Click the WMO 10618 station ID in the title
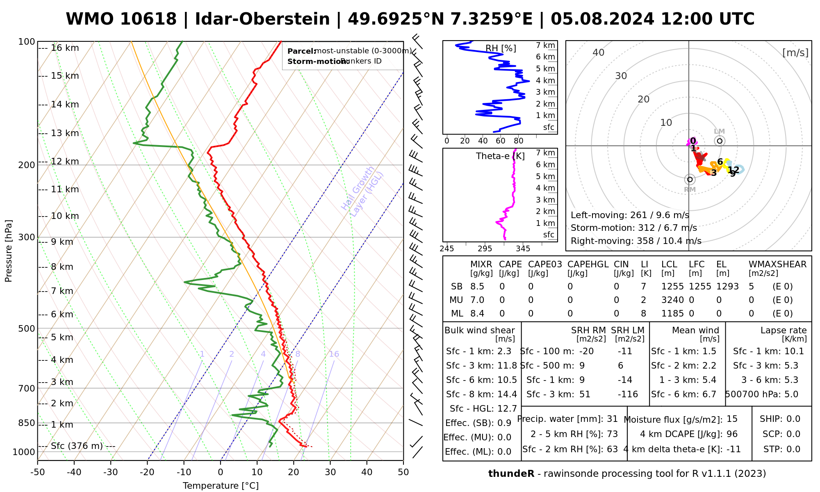(121, 19)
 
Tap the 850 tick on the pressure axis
(27, 423)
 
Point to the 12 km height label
(65, 162)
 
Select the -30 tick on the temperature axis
(111, 472)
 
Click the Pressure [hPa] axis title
(9, 251)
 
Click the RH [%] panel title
(501, 48)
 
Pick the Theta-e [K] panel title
(500, 156)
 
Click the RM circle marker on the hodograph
(690, 179)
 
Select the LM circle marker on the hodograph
(720, 141)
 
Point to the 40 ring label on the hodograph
(599, 52)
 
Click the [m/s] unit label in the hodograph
(795, 53)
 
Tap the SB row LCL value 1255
(672, 287)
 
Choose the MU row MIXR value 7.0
(477, 300)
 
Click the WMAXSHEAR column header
(777, 264)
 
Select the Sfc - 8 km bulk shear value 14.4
(507, 394)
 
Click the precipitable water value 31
(612, 419)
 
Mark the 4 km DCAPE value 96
(732, 434)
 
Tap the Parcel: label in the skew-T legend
(301, 51)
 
